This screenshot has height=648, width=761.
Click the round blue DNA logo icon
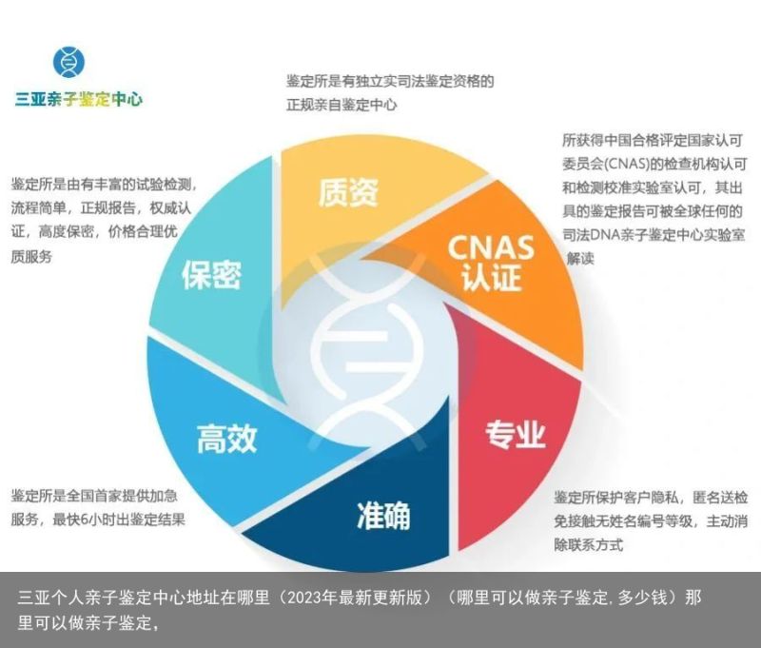click(68, 62)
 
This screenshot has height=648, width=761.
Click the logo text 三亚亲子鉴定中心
click(79, 99)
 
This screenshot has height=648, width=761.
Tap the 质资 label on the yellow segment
click(348, 193)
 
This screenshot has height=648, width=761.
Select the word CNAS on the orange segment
click(491, 247)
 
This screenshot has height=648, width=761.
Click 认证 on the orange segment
click(491, 277)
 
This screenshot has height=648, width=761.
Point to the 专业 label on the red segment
click(516, 434)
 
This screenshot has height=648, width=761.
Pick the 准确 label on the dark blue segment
click(383, 515)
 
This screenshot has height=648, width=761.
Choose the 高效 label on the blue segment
click(226, 439)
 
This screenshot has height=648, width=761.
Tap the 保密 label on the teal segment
click(211, 275)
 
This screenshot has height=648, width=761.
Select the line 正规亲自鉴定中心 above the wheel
click(341, 105)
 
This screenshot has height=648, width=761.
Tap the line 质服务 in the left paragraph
click(31, 257)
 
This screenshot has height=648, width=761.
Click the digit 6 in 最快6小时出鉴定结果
click(84, 520)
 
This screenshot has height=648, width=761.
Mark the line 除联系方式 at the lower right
click(588, 544)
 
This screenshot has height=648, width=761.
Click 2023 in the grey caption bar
click(304, 598)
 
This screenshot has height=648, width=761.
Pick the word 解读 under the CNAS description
click(580, 259)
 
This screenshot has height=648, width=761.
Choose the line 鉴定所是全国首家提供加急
click(94, 496)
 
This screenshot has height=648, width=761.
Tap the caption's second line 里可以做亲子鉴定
click(88, 622)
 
